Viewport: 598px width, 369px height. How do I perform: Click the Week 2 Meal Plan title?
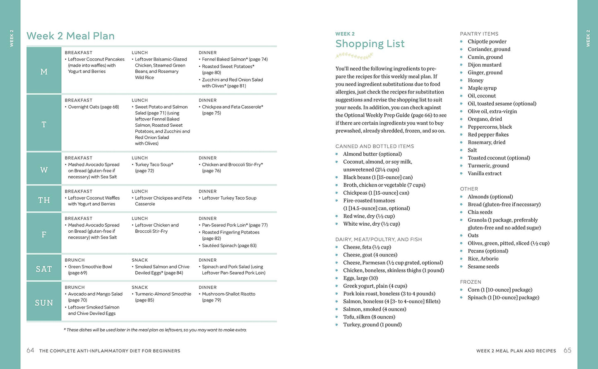pyautogui.click(x=70, y=36)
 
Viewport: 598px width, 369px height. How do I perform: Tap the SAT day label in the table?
pyautogui.click(x=44, y=269)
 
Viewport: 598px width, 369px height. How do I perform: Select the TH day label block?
pyautogui.click(x=44, y=200)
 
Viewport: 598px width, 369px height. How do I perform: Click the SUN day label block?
pyautogui.click(x=44, y=303)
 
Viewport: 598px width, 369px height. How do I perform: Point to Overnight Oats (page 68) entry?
pyautogui.click(x=93, y=107)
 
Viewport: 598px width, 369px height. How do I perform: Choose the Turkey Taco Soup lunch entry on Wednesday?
pyautogui.click(x=154, y=167)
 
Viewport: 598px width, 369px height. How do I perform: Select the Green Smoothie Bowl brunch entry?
pyautogui.click(x=90, y=270)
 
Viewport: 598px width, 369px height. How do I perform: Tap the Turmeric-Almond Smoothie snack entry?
pyautogui.click(x=163, y=297)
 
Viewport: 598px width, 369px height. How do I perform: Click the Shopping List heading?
pyautogui.click(x=370, y=44)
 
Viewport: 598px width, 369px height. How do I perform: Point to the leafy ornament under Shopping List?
pyautogui.click(x=352, y=56)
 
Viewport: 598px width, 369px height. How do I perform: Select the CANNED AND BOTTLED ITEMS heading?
pyautogui.click(x=375, y=146)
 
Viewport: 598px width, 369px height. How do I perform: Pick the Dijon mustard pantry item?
pyautogui.click(x=484, y=65)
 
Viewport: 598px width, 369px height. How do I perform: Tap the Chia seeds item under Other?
pyautogui.click(x=480, y=212)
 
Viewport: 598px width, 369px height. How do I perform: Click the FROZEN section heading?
pyautogui.click(x=471, y=282)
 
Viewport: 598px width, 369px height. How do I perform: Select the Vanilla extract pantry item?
pyautogui.click(x=484, y=174)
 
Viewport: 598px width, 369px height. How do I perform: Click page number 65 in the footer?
pyautogui.click(x=567, y=350)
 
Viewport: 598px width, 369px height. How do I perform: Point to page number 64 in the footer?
pyautogui.click(x=30, y=350)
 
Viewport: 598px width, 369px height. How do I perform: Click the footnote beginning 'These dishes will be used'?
pyautogui.click(x=156, y=330)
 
